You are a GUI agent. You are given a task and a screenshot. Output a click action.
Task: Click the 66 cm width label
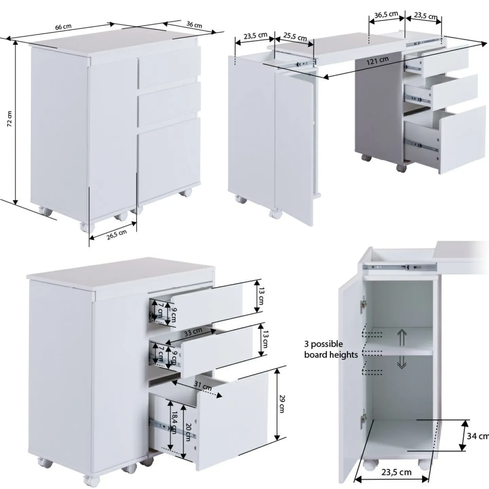point(64,26)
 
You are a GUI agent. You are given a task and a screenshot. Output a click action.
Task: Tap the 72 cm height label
point(10,119)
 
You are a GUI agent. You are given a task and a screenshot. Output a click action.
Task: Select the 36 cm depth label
point(194,24)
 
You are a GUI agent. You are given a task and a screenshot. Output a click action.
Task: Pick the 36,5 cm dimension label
point(386,15)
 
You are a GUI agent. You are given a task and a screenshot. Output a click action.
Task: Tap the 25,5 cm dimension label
point(295,37)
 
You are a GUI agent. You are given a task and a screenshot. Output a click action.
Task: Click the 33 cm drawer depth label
point(193,332)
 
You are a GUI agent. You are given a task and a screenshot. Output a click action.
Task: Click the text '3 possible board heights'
point(331,349)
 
